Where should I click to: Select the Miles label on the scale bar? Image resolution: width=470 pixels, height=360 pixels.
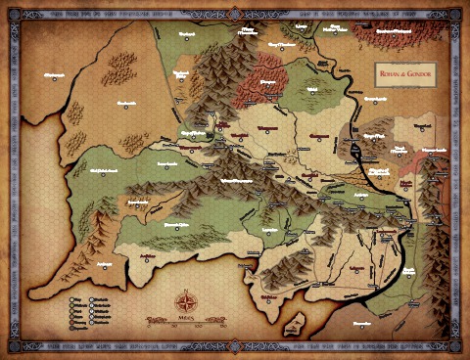point(185,318)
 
